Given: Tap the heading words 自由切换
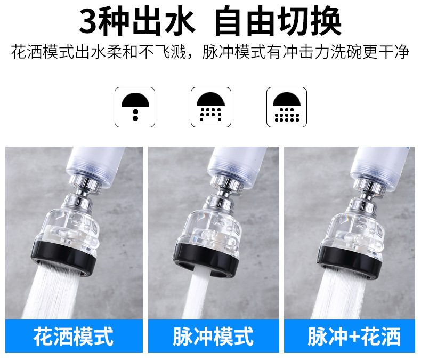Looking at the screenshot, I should [x=277, y=22].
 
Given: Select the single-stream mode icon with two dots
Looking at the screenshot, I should [x=135, y=107].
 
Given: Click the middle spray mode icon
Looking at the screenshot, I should [x=210, y=107].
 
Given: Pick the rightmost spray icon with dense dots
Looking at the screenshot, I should [x=286, y=107].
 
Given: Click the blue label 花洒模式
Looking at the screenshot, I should [x=74, y=336].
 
